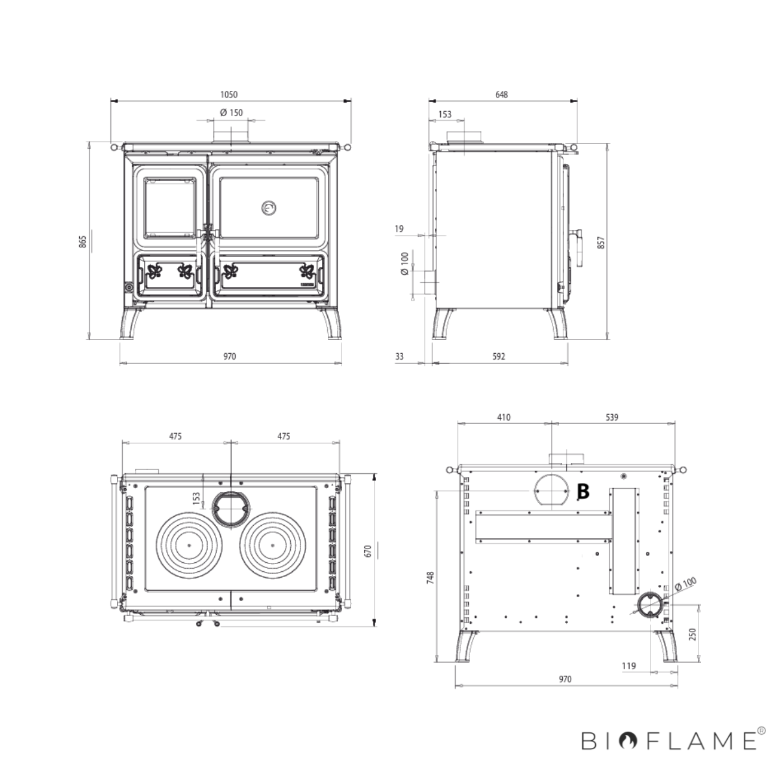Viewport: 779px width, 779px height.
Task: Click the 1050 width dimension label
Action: pos(229,95)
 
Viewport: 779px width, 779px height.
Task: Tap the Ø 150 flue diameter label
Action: pos(231,113)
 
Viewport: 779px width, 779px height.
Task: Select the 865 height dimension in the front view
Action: pos(83,241)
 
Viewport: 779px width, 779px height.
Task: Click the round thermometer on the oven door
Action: pos(268,208)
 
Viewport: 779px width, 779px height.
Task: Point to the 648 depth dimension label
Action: pos(501,95)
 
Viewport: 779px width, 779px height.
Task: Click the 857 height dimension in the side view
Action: pos(601,243)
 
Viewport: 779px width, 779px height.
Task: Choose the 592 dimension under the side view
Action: pos(499,356)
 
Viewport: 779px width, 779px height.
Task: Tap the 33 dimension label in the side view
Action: pos(399,356)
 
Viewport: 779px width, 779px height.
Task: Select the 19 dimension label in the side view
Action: pos(399,229)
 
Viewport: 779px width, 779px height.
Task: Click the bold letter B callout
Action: pos(583,491)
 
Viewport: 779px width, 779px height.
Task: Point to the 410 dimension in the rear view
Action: pos(504,417)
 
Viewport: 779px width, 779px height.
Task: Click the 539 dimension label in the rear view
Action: pos(612,417)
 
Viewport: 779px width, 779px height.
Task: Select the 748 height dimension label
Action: pos(430,578)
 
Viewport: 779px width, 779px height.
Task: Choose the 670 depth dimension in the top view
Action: pos(368,551)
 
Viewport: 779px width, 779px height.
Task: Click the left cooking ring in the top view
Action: pos(189,545)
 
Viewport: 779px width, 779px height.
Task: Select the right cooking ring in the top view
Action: pos(273,545)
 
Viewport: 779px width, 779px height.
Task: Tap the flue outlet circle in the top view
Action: pos(231,508)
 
